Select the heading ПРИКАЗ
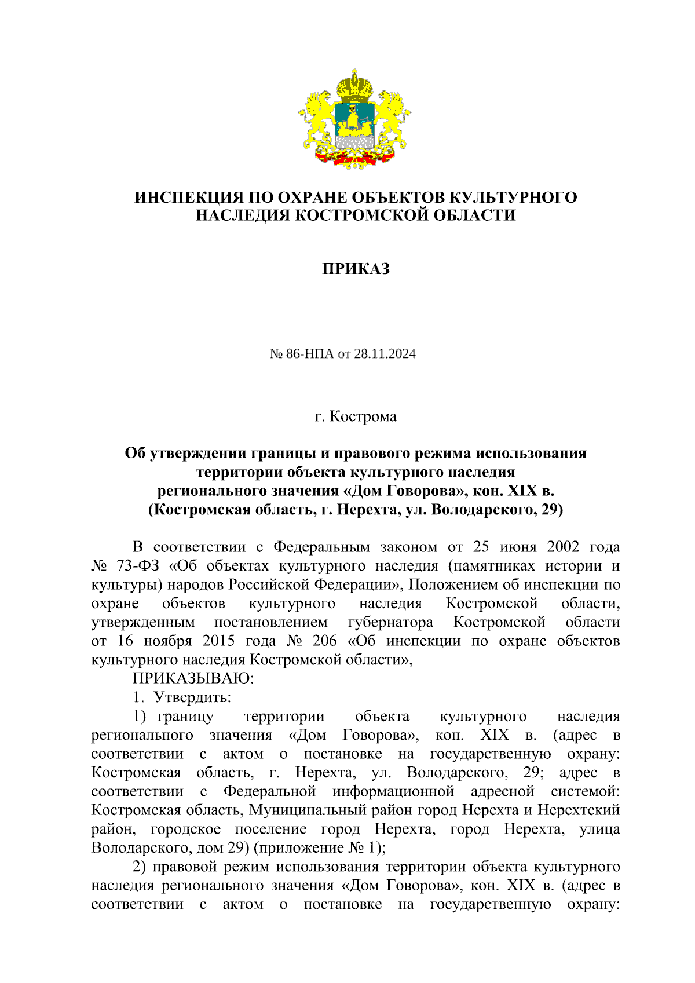pyautogui.click(x=356, y=269)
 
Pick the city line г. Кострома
pyautogui.click(x=356, y=416)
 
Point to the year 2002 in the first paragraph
pyautogui.click(x=562, y=547)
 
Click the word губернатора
pyautogui.click(x=390, y=622)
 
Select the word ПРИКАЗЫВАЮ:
pyautogui.click(x=193, y=678)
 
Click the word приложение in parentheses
pyautogui.click(x=299, y=847)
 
